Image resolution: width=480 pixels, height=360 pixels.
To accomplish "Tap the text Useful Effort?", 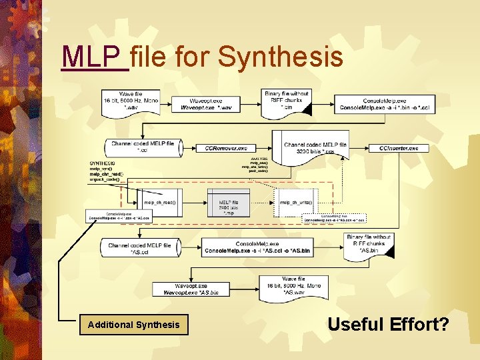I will click(x=389, y=325).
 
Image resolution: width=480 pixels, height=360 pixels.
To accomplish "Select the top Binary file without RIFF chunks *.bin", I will click(x=286, y=100).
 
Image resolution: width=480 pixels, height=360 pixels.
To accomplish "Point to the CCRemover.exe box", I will click(x=225, y=148).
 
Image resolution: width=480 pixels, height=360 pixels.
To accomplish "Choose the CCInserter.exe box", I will click(x=398, y=148).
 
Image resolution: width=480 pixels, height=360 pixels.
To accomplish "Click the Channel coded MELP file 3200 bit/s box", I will click(x=315, y=148).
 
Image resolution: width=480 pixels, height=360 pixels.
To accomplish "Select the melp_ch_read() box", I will click(x=161, y=202).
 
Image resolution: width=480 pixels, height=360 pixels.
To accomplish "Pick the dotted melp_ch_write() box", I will click(x=295, y=202).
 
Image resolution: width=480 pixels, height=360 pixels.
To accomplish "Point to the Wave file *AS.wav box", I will click(x=293, y=285).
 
